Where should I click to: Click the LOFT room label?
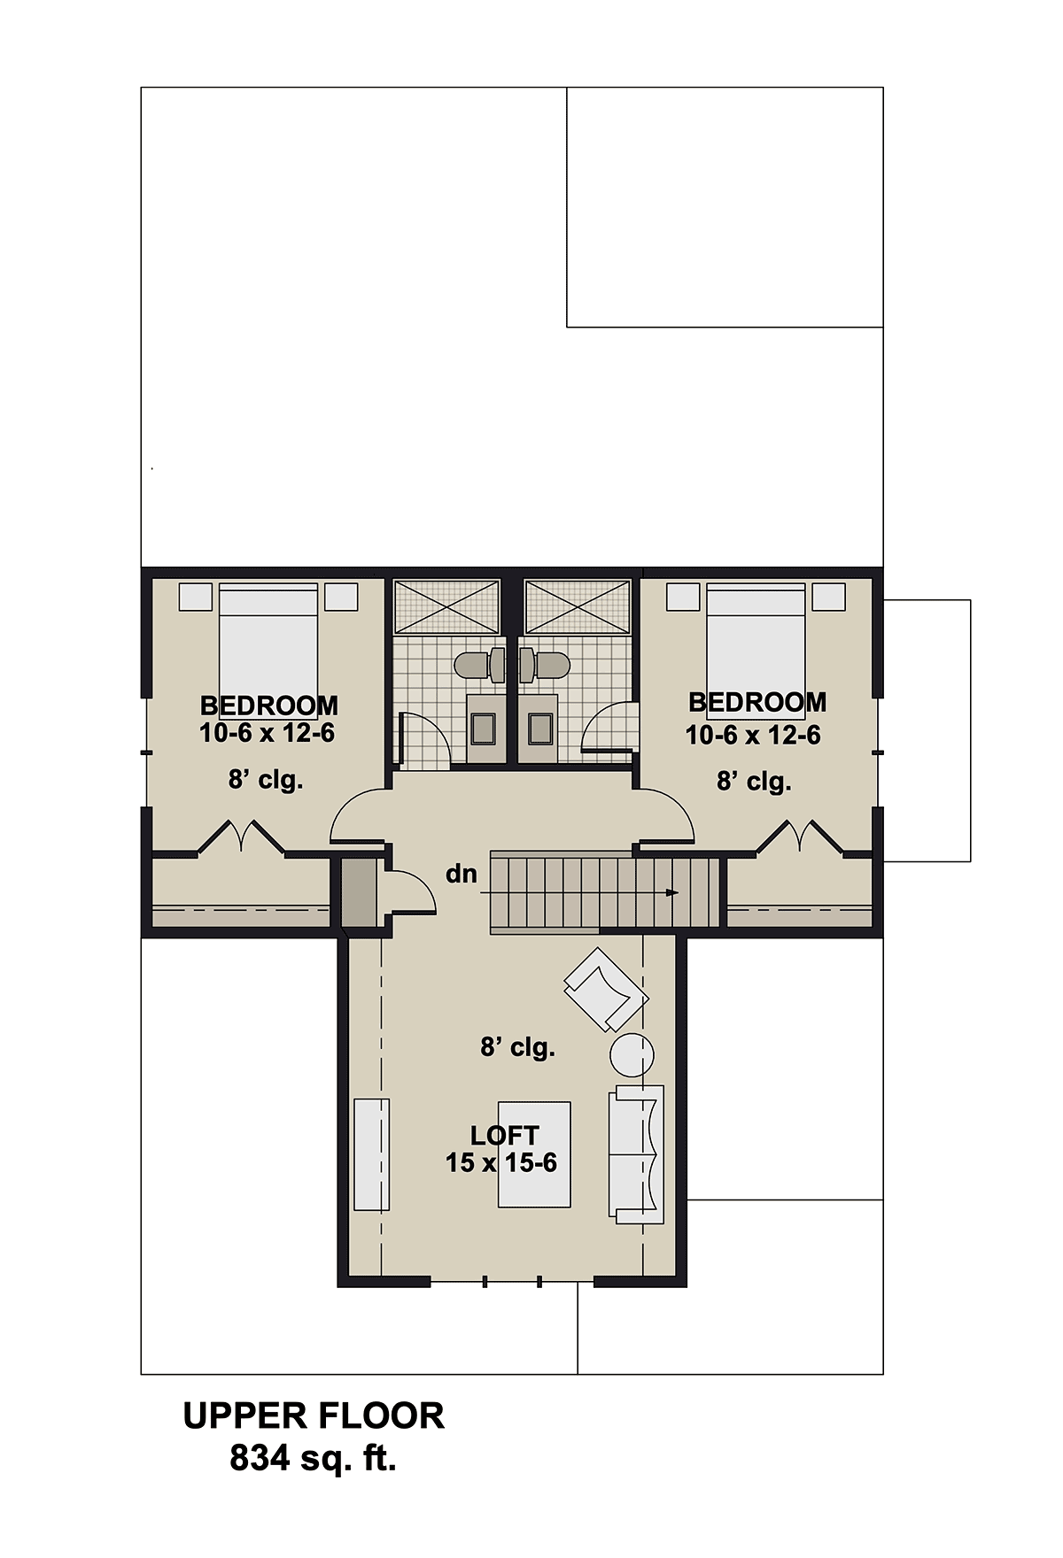(x=504, y=1135)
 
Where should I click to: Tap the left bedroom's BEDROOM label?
(x=269, y=706)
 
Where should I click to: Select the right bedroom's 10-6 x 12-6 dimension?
(x=753, y=735)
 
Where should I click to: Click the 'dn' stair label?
(x=462, y=874)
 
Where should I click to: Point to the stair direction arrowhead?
(x=672, y=892)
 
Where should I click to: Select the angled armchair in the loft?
(x=606, y=990)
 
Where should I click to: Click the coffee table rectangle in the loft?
(x=534, y=1154)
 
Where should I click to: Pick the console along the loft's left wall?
(x=372, y=1154)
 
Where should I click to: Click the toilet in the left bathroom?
(x=478, y=666)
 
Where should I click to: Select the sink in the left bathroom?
(x=484, y=728)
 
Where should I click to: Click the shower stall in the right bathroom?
(x=578, y=606)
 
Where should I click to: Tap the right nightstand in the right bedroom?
(x=829, y=597)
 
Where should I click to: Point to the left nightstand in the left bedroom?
(x=196, y=597)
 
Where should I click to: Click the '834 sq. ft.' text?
(x=313, y=1457)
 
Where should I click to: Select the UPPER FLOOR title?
(x=314, y=1415)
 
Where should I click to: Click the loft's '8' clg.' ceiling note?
(x=518, y=1047)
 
